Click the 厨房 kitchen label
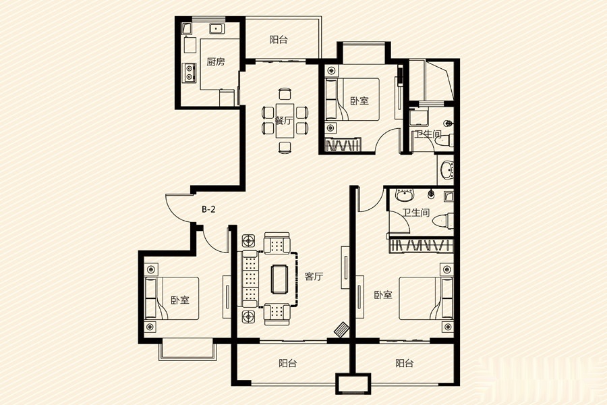[x=216, y=61]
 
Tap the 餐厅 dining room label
[x=284, y=121]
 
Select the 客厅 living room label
[x=314, y=277]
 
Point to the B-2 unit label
[x=208, y=210]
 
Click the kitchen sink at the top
[x=216, y=28]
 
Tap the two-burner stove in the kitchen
[x=189, y=72]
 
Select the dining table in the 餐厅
[x=285, y=121]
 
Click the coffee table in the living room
[x=279, y=278]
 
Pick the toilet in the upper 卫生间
[x=445, y=141]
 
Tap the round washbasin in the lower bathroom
[x=405, y=195]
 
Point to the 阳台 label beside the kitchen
[x=279, y=40]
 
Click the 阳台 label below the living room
[x=287, y=364]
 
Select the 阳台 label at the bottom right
[x=405, y=364]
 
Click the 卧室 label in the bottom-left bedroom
[x=180, y=300]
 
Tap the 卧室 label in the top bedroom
[x=359, y=101]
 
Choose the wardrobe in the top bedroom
[x=343, y=145]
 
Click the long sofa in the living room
[x=250, y=279]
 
